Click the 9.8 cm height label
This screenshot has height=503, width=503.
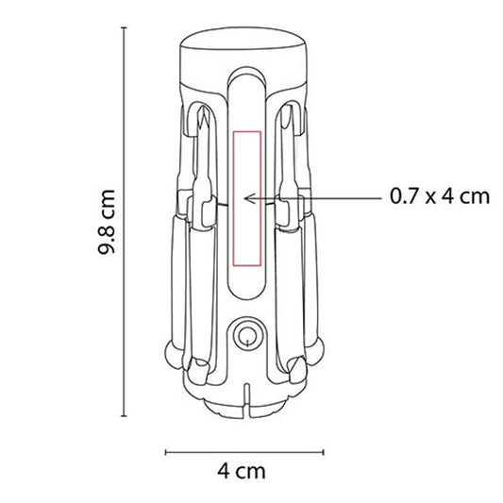pos(107,222)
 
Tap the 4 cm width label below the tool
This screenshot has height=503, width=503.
pos(242,471)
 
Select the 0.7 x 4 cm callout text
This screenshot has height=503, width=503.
pos(440,196)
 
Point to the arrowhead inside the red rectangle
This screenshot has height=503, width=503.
pos(248,198)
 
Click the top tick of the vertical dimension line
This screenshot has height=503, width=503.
pos(124,28)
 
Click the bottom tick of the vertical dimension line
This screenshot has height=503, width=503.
pos(124,416)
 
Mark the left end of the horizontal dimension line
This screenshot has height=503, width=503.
pos(165,452)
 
